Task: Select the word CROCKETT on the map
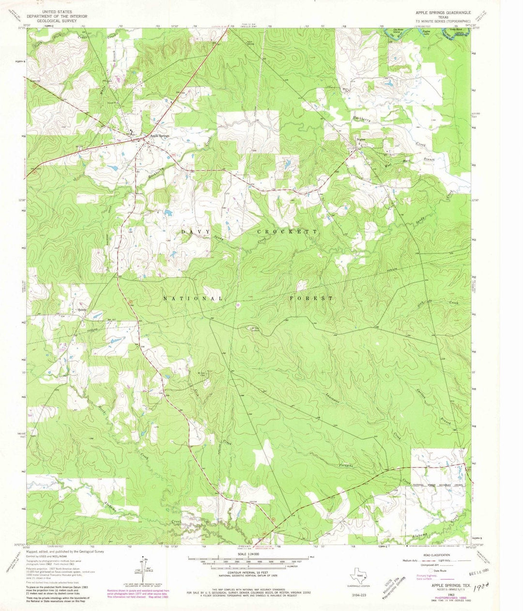287,232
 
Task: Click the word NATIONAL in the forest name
193,298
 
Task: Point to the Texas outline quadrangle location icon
359,579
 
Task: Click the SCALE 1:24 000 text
247,554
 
